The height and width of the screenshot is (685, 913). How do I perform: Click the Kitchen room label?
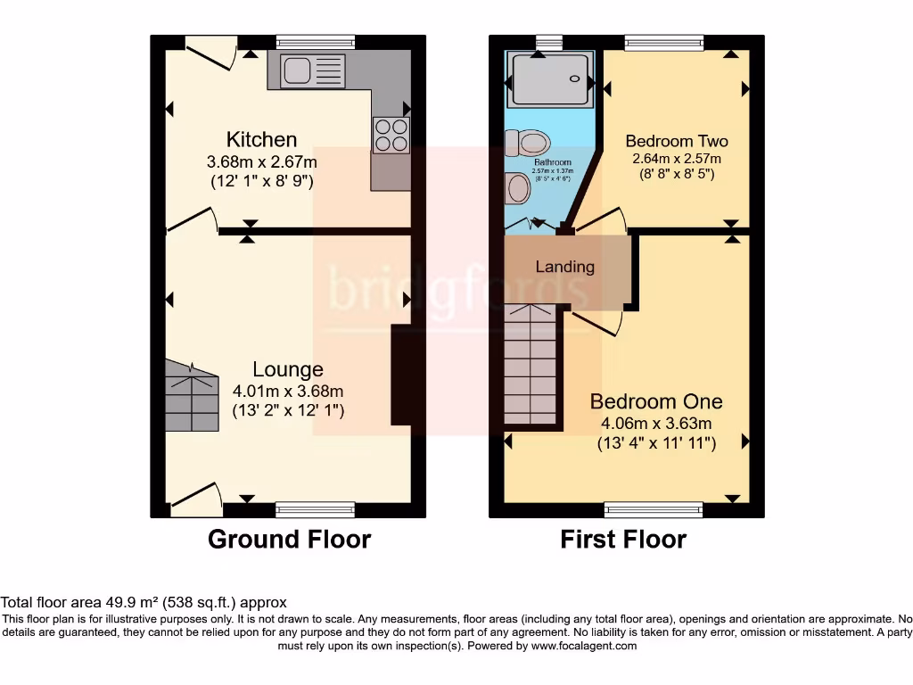coord(261,140)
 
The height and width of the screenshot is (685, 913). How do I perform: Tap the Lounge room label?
coord(288,369)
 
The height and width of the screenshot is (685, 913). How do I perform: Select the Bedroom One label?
coord(656,401)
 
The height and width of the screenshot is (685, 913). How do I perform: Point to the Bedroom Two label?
coord(676,141)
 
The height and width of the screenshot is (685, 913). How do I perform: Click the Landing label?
coord(564,267)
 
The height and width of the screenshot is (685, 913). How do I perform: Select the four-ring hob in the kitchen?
coord(391,136)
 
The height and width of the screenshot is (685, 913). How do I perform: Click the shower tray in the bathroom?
coord(549,80)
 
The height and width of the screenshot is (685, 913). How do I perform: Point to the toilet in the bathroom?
coord(527,142)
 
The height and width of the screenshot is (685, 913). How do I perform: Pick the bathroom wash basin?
coord(516,188)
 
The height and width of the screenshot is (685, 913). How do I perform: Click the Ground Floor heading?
coord(289,539)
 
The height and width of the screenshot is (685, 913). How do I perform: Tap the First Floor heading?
coord(623,539)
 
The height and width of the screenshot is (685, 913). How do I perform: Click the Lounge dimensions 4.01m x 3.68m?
coord(288,391)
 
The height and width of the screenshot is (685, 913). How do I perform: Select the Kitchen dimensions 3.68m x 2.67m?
coord(261,162)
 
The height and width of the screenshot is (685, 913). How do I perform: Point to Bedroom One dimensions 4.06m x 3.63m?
coord(656,424)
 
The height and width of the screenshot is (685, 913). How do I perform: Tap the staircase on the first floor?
coord(531,366)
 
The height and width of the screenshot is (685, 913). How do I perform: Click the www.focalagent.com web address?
coord(584,646)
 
